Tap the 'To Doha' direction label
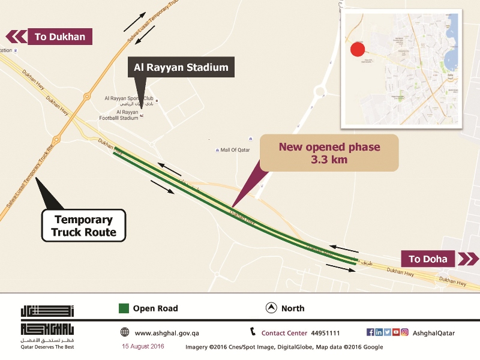(428, 259)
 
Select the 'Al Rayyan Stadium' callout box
(181, 67)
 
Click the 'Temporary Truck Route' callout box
(83, 226)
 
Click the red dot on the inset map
(358, 49)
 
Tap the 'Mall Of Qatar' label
(235, 149)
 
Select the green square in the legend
(124, 308)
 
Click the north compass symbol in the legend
(271, 308)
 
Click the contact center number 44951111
(325, 333)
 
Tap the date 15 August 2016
(143, 347)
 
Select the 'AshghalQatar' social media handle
(434, 333)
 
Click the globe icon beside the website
(124, 332)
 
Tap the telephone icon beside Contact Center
(253, 332)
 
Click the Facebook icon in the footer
(370, 332)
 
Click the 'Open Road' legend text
(155, 308)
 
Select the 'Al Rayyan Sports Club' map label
(129, 98)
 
